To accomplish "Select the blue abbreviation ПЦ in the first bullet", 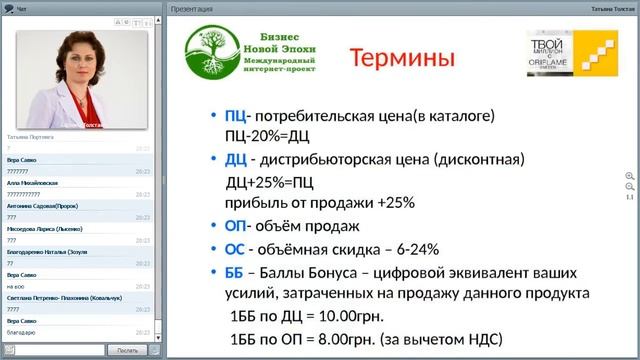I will click(x=237, y=115).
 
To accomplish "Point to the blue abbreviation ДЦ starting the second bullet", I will click(x=237, y=159).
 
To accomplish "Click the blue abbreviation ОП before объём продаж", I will click(x=237, y=226).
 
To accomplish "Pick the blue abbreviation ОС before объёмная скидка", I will click(x=237, y=249).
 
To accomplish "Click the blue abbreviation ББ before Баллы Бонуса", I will click(x=237, y=271).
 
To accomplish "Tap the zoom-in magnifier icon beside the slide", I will click(x=629, y=175).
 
